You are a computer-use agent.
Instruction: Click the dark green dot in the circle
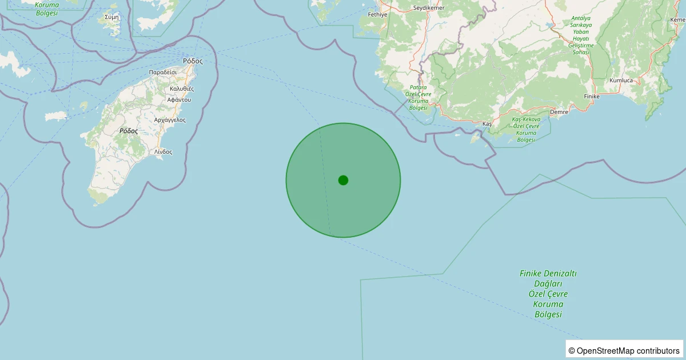coord(343,180)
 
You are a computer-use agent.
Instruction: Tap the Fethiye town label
coord(378,14)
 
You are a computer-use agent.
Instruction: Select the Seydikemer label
coord(429,7)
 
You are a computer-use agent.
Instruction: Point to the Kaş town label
coord(487,124)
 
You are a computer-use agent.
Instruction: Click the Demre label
coord(559,112)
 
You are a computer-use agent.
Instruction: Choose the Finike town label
coord(592,97)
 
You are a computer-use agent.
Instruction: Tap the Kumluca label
coord(621,81)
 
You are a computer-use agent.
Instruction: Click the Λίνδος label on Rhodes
coord(163,152)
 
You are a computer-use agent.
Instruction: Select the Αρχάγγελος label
coord(170,120)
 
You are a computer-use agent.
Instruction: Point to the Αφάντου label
coord(179,99)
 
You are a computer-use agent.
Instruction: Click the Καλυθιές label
coord(182,89)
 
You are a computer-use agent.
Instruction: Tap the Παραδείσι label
coord(163,73)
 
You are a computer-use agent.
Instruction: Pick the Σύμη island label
coord(112,17)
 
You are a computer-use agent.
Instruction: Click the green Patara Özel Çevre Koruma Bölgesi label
coord(418,97)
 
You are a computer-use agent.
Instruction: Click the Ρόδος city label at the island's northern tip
coord(193,61)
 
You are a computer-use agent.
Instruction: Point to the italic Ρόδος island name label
coord(129,131)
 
